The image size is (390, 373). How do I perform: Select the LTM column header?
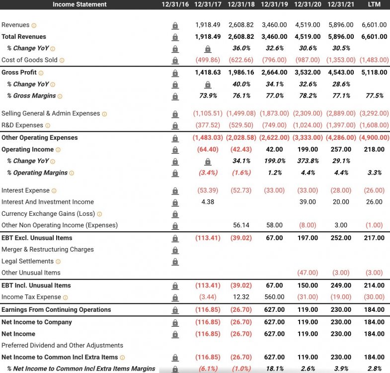coord(374,4)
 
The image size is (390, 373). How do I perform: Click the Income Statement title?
coord(79,4)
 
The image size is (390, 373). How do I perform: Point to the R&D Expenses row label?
coord(22,125)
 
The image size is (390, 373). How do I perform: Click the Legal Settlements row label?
coord(27,261)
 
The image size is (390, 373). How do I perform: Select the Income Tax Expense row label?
coord(31,297)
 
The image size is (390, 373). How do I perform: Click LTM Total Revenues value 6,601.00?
coord(374,37)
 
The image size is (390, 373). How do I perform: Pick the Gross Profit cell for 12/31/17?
coord(208,73)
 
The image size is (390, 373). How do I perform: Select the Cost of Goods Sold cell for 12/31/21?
coord(340,60)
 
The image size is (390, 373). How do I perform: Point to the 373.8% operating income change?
coord(308,161)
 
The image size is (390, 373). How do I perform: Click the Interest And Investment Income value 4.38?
coord(208,202)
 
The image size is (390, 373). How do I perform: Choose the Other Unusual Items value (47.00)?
coord(308,273)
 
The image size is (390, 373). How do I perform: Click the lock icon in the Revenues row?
coord(175,25)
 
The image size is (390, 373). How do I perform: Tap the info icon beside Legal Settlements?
coord(58,262)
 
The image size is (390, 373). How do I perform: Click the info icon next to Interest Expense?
coord(54,191)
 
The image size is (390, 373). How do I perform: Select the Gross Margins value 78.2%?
coord(308,96)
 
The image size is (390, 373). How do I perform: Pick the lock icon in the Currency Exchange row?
coord(175,214)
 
